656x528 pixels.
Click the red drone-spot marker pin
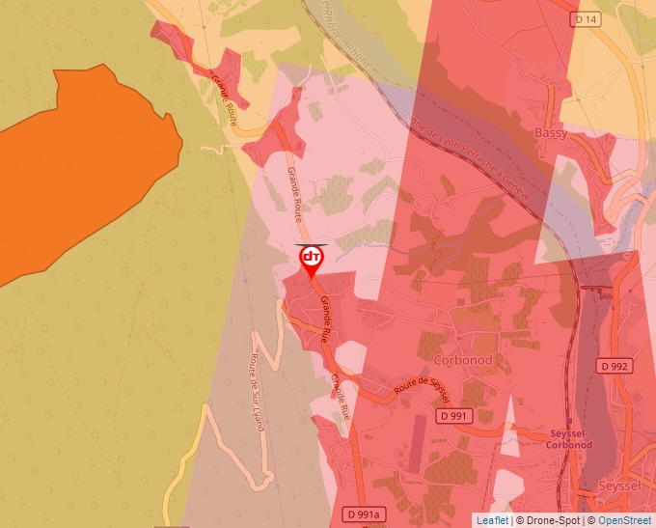pos(312,260)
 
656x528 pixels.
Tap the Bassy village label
pos(551,132)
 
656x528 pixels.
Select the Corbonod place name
pos(463,360)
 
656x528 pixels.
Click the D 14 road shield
pos(586,19)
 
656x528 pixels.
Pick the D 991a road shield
pos(364,513)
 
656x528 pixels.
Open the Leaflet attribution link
pos(491,520)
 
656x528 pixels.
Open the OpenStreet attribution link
pos(624,520)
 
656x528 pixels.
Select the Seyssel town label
pos(618,486)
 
